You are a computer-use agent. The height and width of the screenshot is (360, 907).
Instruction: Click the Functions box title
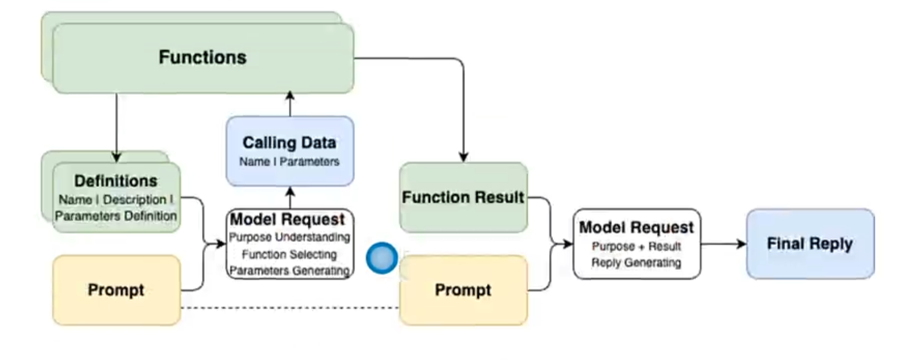(202, 57)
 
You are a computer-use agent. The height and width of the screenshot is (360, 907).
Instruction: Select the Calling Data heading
(290, 142)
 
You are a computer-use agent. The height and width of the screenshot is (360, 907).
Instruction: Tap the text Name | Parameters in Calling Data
(290, 161)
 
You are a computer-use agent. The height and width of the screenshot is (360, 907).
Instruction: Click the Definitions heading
(116, 181)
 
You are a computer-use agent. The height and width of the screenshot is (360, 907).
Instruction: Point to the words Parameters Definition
(116, 216)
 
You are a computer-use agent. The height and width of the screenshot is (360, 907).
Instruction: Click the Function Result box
(463, 197)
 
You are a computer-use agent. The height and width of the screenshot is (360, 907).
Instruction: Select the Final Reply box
(809, 243)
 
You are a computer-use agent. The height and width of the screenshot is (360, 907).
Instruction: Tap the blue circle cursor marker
(382, 258)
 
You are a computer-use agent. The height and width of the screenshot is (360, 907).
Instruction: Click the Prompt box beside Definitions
(116, 290)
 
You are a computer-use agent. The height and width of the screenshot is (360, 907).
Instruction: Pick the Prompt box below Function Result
(463, 290)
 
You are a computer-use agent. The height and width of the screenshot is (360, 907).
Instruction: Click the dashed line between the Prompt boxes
(290, 308)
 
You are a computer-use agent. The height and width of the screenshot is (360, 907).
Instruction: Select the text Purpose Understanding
(290, 238)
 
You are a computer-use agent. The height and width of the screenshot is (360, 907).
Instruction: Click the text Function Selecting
(290, 254)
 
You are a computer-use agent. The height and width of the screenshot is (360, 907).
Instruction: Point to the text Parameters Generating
(290, 270)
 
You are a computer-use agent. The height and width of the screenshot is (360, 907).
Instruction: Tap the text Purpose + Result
(636, 246)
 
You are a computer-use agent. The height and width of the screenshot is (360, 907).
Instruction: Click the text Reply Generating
(636, 262)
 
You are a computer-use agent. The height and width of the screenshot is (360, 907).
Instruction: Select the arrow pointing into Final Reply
(724, 243)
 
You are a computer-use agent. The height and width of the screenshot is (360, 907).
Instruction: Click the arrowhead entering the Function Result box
(463, 157)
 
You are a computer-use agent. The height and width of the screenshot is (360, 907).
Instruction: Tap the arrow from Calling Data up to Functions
(290, 103)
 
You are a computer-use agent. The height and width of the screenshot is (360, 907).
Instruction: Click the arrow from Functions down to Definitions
(116, 127)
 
